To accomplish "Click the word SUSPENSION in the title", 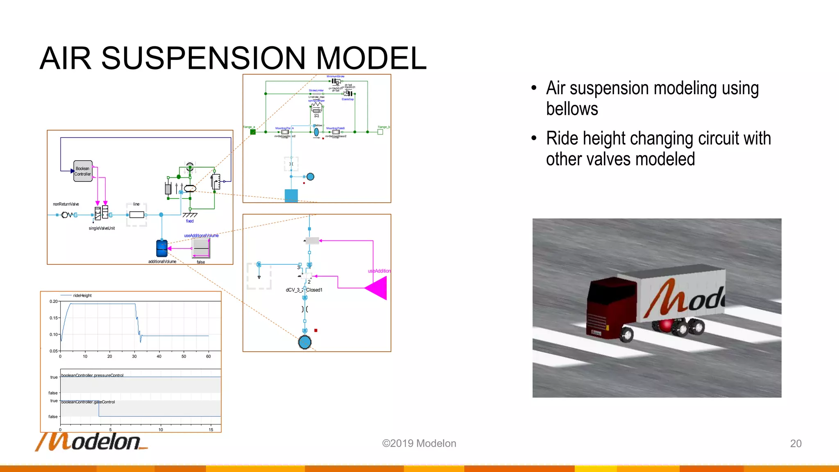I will click(203, 58).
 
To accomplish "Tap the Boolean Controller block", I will click(83, 171).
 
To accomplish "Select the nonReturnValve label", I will click(66, 204).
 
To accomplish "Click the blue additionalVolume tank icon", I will click(162, 248).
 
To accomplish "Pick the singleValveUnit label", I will click(102, 228).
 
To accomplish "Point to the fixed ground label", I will click(190, 221).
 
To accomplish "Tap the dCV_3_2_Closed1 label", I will click(304, 290).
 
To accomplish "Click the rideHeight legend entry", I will click(82, 295).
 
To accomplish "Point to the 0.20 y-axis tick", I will click(54, 302).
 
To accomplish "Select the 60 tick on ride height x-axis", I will click(208, 356).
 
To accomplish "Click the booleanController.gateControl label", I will click(88, 402).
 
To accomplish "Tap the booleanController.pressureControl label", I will click(92, 375).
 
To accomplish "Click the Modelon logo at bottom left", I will click(92, 442).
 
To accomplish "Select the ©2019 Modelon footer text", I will click(419, 443).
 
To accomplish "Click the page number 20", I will click(796, 443).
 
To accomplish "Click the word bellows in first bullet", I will click(572, 109).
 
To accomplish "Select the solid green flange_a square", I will click(253, 132).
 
